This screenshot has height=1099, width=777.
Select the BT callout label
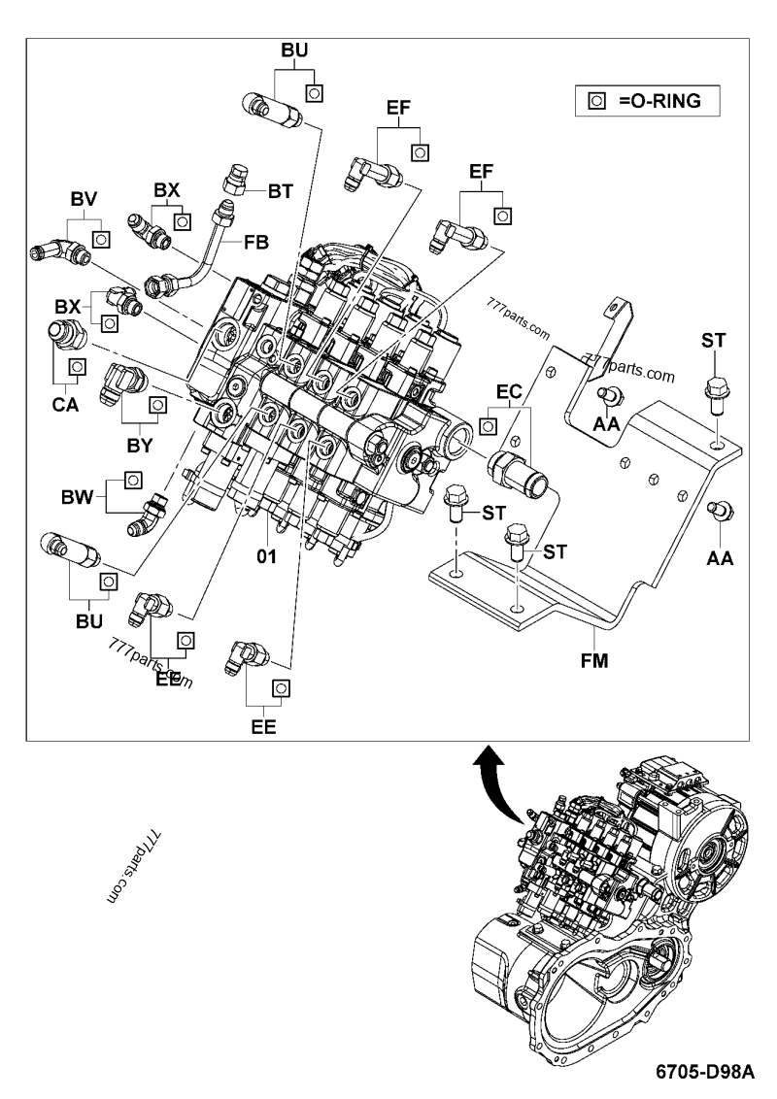[281, 192]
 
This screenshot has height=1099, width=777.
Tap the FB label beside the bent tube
[255, 240]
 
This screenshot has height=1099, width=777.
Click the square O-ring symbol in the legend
[597, 99]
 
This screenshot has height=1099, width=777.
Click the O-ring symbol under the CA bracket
[75, 366]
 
